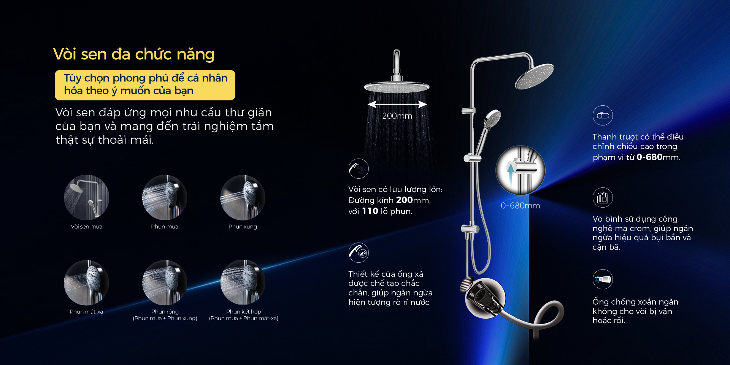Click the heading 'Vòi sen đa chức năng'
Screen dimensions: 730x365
tap(134, 54)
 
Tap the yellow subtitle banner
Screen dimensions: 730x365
tap(145, 85)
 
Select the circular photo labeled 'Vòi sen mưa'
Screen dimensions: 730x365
tap(86, 197)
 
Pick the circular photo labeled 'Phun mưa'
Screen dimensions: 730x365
tap(165, 197)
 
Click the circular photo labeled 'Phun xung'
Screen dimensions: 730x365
tap(243, 197)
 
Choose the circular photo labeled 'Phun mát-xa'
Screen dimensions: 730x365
tap(86, 282)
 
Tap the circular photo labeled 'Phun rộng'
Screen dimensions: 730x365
tap(165, 282)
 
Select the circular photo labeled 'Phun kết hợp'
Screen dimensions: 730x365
tap(243, 282)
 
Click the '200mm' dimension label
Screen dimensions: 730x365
tap(397, 116)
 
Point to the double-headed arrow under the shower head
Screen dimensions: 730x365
tap(397, 104)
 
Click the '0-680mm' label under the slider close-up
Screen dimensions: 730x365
tap(520, 206)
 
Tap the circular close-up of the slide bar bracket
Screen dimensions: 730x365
tap(521, 170)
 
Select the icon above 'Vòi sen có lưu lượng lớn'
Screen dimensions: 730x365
tap(359, 168)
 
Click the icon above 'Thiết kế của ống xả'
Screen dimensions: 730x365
tap(359, 252)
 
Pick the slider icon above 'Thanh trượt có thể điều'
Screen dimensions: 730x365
tap(603, 115)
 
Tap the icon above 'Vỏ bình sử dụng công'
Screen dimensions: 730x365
tap(603, 197)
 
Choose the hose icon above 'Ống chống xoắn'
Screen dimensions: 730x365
tap(603, 279)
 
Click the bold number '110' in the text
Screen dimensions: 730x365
tap(370, 211)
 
